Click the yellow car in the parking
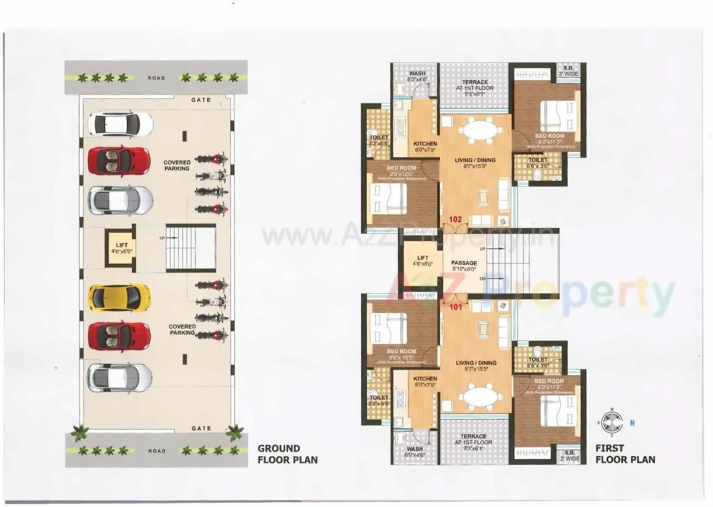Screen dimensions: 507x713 click(119, 298)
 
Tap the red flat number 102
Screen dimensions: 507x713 click(456, 220)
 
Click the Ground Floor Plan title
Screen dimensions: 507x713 click(288, 454)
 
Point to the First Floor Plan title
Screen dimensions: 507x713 click(625, 454)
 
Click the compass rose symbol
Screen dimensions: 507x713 click(612, 421)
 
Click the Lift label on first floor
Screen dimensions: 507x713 click(423, 261)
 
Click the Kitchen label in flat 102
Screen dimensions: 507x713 click(425, 147)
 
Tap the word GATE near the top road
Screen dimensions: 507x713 click(201, 100)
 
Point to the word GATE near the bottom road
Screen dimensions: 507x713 click(201, 429)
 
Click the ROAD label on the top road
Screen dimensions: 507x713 click(156, 78)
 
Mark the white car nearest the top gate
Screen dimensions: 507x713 click(120, 124)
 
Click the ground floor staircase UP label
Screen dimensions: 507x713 click(162, 238)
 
